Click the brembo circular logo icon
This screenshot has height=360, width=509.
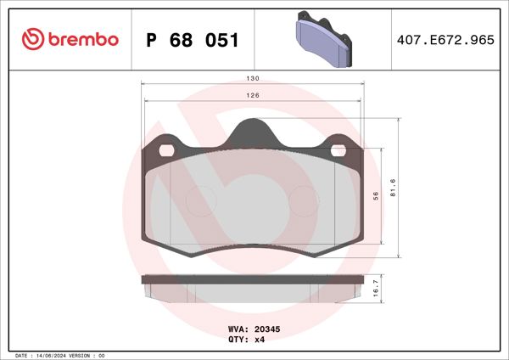pos(31,38)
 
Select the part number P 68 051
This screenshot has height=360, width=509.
pos(193,40)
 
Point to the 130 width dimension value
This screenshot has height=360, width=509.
pos(253,78)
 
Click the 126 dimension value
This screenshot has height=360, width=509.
pos(253,95)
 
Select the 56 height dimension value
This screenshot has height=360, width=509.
pos(376,195)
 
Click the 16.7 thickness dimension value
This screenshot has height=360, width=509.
pos(376,289)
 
